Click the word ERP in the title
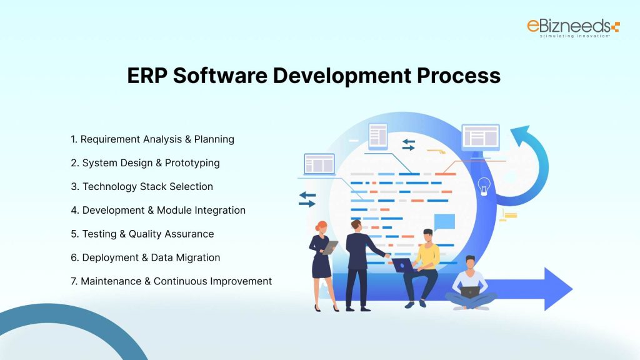pos(147,76)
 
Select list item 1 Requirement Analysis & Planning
pos(152,139)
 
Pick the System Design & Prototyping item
pos(145,162)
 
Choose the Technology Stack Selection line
pos(142,186)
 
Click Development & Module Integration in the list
pos(158,210)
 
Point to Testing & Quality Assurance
pos(142,234)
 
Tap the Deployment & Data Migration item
pos(146,257)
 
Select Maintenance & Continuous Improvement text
pos(171,281)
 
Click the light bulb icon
pos(483,186)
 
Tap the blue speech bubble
pos(444,222)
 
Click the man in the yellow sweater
pos(425,262)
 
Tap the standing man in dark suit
pos(358,262)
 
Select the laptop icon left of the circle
pos(319,164)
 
